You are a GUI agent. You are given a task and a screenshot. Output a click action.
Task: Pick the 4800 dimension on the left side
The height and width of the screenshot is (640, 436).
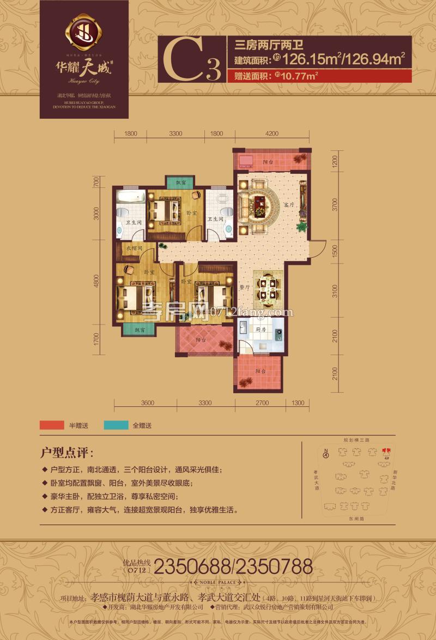click(96, 282)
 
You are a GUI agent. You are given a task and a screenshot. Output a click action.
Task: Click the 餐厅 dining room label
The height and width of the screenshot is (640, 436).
click(245, 287)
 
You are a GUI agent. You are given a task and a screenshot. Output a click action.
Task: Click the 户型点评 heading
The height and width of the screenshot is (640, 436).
click(67, 453)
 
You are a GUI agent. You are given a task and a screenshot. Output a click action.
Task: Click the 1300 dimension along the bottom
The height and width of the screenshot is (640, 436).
click(298, 403)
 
